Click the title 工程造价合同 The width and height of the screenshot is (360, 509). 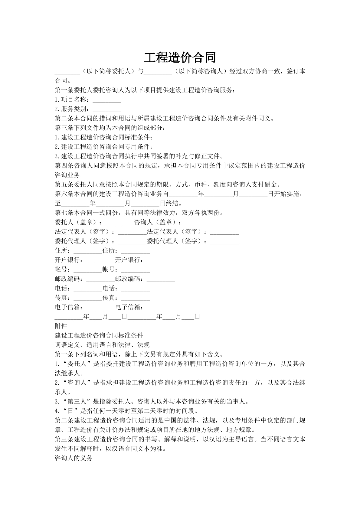coord(180,57)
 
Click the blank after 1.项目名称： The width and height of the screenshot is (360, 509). coord(106,100)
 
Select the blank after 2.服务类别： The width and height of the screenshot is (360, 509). coord(106,109)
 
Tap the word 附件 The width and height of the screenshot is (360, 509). coord(61,326)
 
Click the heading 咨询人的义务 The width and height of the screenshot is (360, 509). coord(74,458)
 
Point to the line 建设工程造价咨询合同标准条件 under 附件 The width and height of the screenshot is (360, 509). coord(99,335)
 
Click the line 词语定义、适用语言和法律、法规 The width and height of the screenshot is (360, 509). coord(102,345)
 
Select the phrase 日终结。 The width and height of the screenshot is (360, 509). coord(171,204)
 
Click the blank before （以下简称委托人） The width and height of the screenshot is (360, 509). coord(67,72)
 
